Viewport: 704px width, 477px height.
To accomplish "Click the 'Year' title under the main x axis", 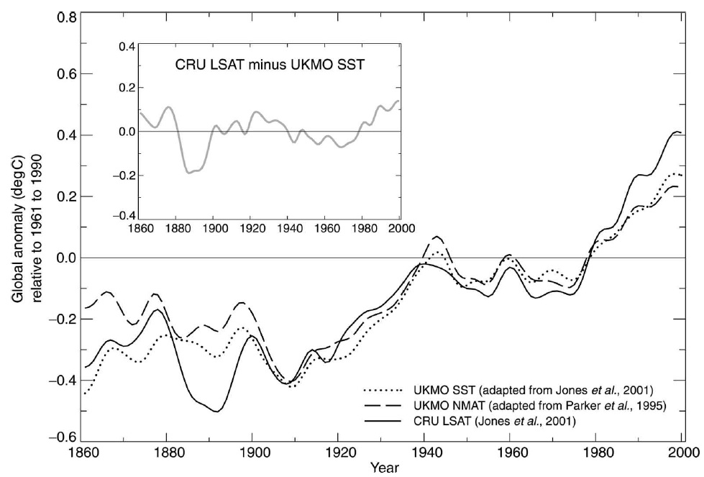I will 382,469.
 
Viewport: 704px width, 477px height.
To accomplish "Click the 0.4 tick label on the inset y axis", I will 127,47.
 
